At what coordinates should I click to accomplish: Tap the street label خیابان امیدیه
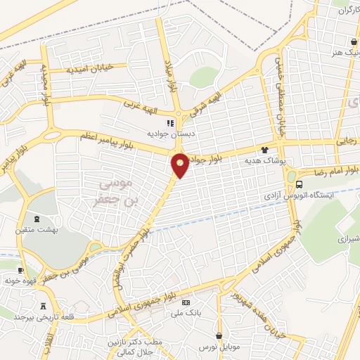click(96, 69)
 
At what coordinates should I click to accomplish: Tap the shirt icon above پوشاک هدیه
click(265, 149)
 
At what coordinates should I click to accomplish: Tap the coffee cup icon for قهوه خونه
click(20, 269)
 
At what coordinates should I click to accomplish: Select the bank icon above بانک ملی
click(186, 302)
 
